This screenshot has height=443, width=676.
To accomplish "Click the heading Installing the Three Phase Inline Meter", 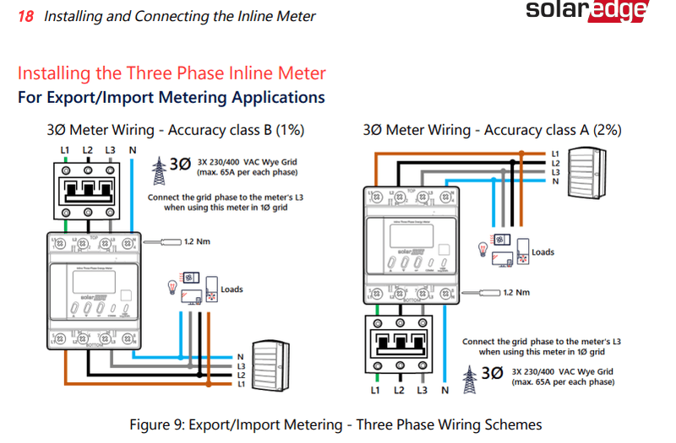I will point(172,73).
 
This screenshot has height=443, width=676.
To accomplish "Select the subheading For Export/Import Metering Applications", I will point(171,97).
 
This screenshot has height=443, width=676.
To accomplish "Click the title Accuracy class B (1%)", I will point(176,130).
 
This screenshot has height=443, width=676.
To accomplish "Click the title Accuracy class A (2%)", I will point(493,130).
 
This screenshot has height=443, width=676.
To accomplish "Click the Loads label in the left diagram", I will point(232,289).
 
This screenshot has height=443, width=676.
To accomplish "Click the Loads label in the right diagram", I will point(542,252).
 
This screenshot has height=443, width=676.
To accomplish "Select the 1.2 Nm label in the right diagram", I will point(516,293).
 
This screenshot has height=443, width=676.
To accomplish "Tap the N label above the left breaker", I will point(132,150).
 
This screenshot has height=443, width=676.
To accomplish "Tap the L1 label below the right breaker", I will point(376,391).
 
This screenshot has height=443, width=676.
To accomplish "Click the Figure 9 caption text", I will point(335,424).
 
